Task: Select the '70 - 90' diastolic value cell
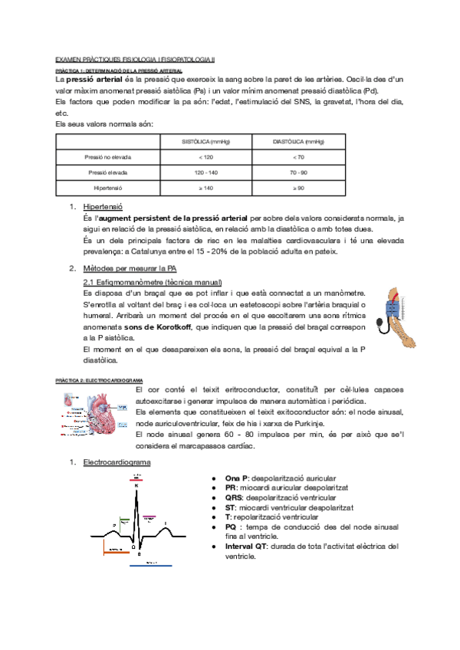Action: click(299, 172)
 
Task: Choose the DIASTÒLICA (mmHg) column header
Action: click(299, 142)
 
